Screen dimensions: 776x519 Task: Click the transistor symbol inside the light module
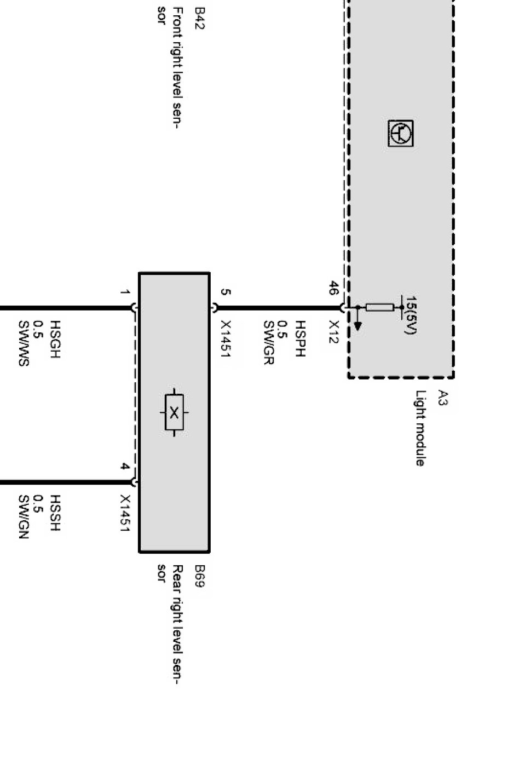(x=401, y=134)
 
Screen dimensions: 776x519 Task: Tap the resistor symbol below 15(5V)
(x=379, y=307)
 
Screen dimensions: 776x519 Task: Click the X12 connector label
(x=334, y=332)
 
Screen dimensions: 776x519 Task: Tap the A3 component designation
(x=443, y=399)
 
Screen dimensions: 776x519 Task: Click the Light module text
(x=420, y=428)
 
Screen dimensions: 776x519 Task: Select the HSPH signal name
(x=300, y=339)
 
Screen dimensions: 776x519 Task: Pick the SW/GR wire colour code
(x=268, y=343)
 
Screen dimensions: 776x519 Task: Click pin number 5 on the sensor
(x=225, y=292)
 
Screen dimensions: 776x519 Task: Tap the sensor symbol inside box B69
(x=174, y=412)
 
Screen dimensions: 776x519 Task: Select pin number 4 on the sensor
(x=125, y=467)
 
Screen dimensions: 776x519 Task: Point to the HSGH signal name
(x=55, y=340)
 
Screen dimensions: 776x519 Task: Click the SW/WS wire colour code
(x=23, y=343)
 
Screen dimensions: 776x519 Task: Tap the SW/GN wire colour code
(x=23, y=517)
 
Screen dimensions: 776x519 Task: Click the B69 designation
(x=199, y=577)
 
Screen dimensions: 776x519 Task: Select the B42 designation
(x=199, y=18)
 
